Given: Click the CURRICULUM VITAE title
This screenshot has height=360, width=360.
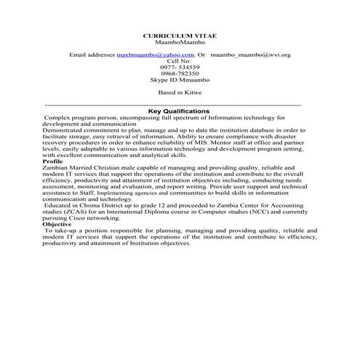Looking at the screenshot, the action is [x=180, y=36].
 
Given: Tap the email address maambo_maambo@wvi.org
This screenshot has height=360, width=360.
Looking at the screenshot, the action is [x=255, y=55].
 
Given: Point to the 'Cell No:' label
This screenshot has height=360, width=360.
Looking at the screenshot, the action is [x=179, y=61].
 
